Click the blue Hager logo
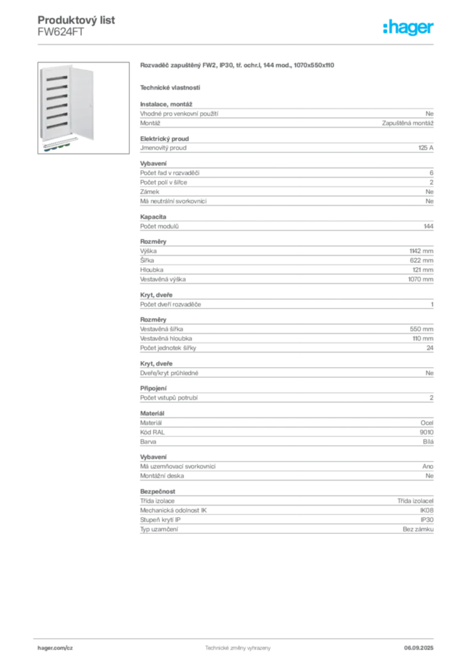click(x=409, y=28)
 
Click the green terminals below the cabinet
click(x=65, y=147)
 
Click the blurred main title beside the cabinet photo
click(x=237, y=66)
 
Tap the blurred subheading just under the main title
click(x=170, y=87)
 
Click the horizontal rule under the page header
click(x=237, y=44)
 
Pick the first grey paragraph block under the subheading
click(x=286, y=116)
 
